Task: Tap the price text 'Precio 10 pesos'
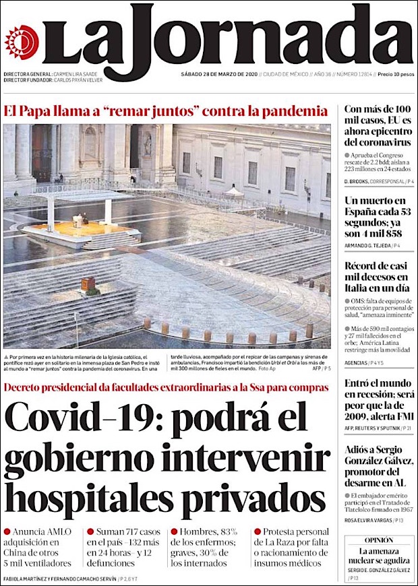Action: click(x=395, y=73)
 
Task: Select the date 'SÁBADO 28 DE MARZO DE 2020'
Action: click(x=219, y=73)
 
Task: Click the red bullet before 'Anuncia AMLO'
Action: click(x=7, y=531)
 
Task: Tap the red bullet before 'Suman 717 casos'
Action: click(x=90, y=531)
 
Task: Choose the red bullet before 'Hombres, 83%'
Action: click(x=174, y=531)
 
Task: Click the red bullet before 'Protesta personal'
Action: click(x=258, y=531)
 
